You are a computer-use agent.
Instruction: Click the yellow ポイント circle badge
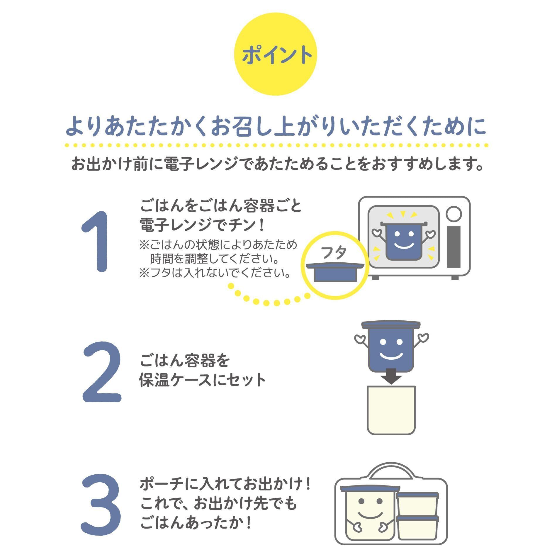[x=276, y=54]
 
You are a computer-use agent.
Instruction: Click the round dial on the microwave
[x=454, y=214]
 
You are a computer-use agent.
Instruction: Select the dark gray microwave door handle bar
[x=454, y=247]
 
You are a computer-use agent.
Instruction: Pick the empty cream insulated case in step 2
[x=391, y=410]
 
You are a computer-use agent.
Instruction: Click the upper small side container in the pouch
[x=417, y=504]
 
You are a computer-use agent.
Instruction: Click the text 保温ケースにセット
[x=203, y=380]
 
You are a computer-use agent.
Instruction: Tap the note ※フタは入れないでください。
[x=215, y=273]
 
